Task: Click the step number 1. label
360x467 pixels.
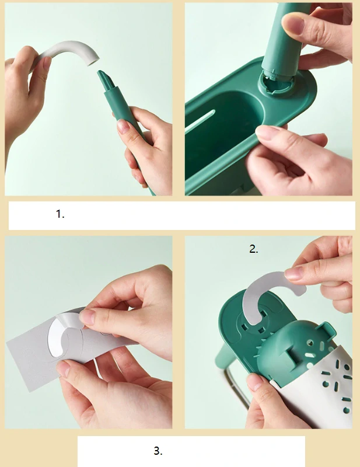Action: (60, 214)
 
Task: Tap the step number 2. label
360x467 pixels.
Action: (254, 249)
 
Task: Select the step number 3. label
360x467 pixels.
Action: (158, 451)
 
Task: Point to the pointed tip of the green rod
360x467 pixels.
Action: (100, 72)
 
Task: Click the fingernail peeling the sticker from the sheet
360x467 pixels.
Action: (86, 317)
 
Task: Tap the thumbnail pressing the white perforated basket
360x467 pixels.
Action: (254, 382)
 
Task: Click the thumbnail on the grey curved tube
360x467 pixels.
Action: (47, 63)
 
